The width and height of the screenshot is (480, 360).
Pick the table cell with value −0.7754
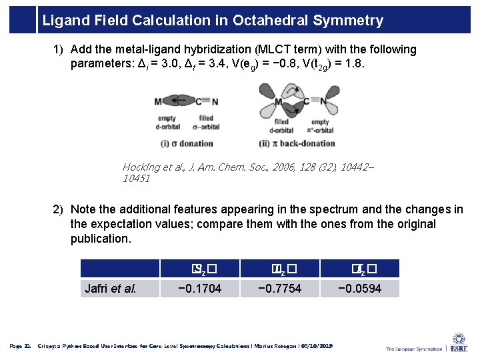[x=279, y=289]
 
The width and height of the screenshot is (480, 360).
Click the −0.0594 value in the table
[x=359, y=289]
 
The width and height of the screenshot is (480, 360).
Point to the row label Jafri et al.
[x=109, y=289]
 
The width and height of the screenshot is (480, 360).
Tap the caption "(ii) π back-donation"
[x=296, y=143]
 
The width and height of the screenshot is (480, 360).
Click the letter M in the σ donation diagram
[x=159, y=101]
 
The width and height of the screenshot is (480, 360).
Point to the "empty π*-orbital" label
[x=320, y=126]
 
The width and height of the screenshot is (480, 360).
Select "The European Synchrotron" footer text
[x=413, y=348]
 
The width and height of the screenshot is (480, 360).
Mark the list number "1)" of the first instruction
[x=59, y=49]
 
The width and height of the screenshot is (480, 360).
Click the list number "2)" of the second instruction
[x=59, y=209]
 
